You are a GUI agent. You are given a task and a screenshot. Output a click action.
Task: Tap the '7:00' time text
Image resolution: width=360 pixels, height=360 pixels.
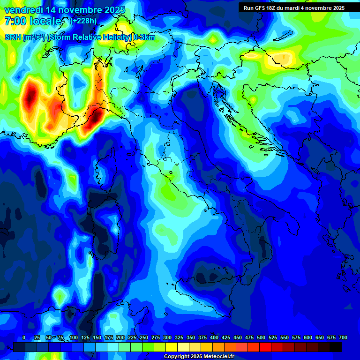click(x=15, y=21)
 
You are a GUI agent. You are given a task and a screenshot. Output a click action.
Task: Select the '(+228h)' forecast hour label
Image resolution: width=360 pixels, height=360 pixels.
click(x=85, y=21)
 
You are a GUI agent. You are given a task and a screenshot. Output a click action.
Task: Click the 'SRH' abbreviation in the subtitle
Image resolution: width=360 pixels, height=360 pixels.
click(x=13, y=37)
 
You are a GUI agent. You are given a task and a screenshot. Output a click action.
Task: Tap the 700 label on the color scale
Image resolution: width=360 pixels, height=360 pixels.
click(x=343, y=337)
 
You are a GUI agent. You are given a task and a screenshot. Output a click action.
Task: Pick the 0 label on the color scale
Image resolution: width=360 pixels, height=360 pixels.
click(x=24, y=337)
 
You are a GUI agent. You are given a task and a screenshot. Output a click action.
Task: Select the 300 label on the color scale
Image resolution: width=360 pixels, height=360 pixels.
click(x=167, y=337)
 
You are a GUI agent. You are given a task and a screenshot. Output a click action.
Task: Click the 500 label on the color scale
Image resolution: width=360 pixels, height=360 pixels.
click(x=261, y=337)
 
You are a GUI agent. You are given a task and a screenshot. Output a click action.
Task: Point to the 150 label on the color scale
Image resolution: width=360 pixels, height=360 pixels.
click(x=97, y=337)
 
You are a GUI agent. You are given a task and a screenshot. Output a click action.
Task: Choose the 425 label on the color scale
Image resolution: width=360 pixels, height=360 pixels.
click(x=226, y=337)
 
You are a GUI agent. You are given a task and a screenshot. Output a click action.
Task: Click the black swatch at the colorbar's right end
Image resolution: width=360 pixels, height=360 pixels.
click(x=336, y=347)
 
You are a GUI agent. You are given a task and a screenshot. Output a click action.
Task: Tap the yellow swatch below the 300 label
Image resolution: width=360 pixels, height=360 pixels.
click(x=172, y=347)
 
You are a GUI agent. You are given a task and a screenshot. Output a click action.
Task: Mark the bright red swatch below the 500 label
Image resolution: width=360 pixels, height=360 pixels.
click(x=265, y=347)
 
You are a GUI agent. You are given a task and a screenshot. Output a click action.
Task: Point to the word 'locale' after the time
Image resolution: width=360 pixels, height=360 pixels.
click(x=45, y=21)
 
